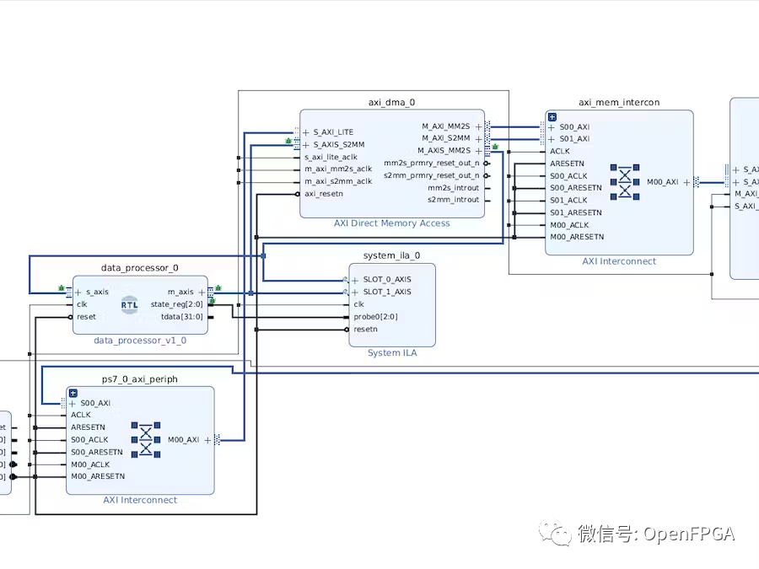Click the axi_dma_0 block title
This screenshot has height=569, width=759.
click(391, 102)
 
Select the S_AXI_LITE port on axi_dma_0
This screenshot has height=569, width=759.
click(333, 132)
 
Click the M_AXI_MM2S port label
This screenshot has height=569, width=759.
click(445, 126)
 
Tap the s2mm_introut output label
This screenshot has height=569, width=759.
click(453, 200)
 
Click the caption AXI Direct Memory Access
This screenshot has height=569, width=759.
click(391, 223)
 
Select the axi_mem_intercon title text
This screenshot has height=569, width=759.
click(618, 102)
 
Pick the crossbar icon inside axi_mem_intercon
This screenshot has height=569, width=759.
click(625, 182)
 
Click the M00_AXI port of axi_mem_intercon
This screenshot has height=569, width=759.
click(662, 182)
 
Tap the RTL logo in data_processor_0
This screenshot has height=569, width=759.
click(130, 304)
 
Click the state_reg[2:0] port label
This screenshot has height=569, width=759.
click(176, 304)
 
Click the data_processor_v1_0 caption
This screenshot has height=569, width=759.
click(140, 341)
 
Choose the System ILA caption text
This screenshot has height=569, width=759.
click(391, 352)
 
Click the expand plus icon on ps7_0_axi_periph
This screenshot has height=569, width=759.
click(73, 393)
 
